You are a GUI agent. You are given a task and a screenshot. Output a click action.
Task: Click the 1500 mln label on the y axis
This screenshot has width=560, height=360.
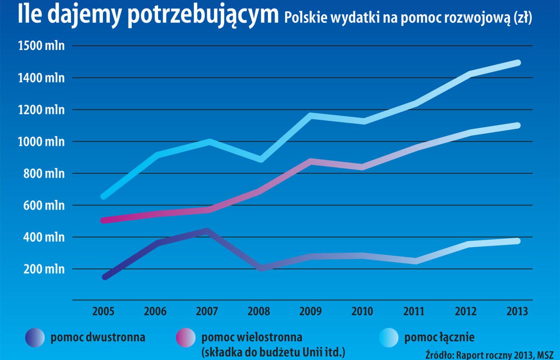click(x=41, y=46)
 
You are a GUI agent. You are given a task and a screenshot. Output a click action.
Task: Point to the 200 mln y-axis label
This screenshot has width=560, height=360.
click(x=44, y=269)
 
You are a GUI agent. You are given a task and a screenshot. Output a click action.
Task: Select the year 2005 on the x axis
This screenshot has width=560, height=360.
click(x=103, y=311)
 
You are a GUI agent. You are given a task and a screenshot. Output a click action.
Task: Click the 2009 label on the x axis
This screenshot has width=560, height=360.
click(x=310, y=311)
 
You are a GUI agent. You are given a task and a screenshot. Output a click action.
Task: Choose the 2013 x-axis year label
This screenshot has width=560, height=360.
click(x=517, y=311)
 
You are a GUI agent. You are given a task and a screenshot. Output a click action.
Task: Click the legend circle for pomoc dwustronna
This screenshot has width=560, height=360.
click(x=35, y=337)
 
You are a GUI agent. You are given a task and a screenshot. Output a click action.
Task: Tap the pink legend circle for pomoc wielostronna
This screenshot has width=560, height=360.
click(x=186, y=337)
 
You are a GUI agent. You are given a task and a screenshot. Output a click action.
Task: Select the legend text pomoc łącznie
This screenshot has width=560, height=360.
click(x=439, y=337)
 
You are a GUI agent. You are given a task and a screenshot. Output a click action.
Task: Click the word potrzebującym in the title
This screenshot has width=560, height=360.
click(x=203, y=15)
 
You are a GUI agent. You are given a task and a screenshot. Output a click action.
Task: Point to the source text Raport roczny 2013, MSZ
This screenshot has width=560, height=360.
click(x=505, y=355)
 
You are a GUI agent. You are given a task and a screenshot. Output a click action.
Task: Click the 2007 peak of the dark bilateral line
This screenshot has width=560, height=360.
click(x=207, y=231)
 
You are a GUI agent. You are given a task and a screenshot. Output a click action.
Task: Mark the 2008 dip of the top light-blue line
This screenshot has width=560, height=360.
click(x=261, y=160)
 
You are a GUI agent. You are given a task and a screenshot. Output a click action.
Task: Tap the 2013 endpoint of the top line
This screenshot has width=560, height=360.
click(x=518, y=63)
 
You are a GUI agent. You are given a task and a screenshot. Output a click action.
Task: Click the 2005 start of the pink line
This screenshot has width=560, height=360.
click(x=104, y=220)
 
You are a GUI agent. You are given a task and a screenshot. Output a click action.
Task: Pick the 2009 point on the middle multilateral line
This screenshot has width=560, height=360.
click(x=311, y=161)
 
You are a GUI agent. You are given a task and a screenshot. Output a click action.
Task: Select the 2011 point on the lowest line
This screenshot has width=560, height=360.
click(x=416, y=261)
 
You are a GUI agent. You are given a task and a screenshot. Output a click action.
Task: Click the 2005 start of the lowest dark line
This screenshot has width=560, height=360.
click(x=105, y=277)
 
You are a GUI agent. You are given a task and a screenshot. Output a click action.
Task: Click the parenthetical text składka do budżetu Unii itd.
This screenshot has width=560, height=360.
click(x=273, y=352)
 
